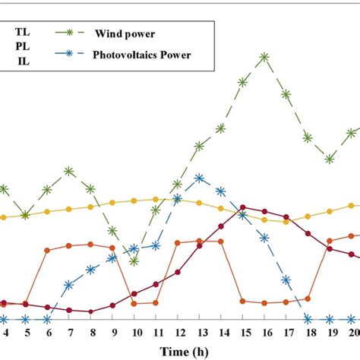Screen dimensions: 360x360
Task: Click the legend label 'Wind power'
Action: click(x=122, y=33)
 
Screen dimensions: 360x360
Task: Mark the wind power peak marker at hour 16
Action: click(x=264, y=57)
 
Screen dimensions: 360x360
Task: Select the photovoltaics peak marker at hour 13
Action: click(x=199, y=178)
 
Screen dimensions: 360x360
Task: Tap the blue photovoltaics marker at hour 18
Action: click(x=308, y=319)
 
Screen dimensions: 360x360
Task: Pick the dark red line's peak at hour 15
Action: click(x=242, y=207)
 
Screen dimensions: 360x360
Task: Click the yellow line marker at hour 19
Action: click(x=330, y=212)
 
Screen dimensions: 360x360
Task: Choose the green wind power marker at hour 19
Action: click(x=330, y=159)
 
